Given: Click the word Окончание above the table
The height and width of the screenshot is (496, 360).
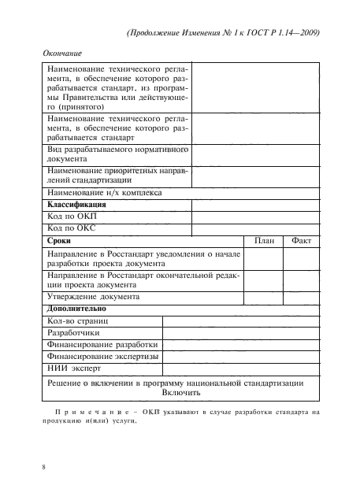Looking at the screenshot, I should coord(60,54).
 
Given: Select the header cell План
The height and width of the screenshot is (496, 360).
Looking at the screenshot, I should coord(264,241).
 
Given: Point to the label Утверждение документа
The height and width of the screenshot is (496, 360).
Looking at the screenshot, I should coord(94,320).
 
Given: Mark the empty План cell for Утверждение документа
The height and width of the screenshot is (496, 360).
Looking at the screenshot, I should coord(264,320).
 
